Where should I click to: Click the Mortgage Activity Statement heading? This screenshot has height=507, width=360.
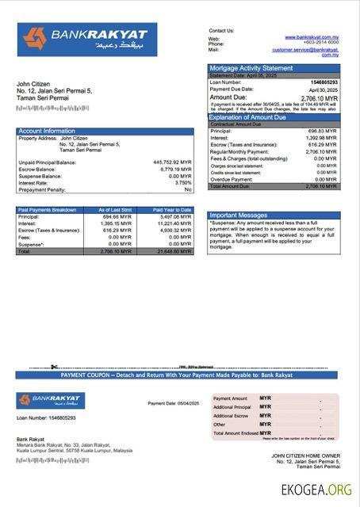tap(251, 69)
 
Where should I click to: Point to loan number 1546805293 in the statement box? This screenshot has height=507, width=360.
tap(320, 82)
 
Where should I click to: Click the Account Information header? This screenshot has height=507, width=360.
tap(47, 131)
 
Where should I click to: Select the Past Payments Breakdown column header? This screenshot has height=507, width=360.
tap(48, 210)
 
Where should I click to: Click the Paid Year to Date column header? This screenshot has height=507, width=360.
tap(172, 210)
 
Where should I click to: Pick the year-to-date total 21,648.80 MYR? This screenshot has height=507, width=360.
tap(174, 251)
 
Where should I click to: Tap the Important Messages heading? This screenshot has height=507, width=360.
tap(239, 215)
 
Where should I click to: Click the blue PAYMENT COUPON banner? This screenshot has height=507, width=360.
tap(177, 375)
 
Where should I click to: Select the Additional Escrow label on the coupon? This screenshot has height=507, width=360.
tap(231, 416)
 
